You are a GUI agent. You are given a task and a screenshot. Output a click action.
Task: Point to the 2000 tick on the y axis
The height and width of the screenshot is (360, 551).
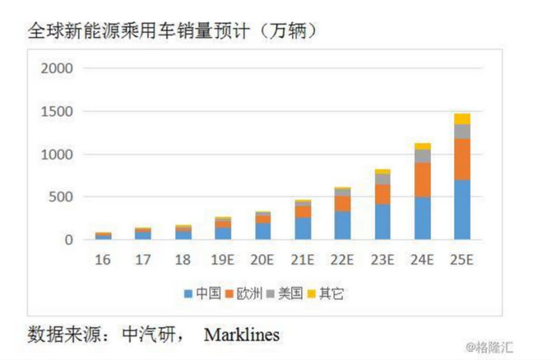coord(56,68)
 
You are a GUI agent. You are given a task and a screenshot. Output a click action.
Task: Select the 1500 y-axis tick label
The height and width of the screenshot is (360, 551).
coord(56,112)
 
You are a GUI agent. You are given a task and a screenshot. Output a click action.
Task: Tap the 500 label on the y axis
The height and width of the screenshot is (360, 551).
coord(61,198)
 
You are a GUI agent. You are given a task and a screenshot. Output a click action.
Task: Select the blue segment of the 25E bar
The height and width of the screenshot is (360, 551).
coord(462,210)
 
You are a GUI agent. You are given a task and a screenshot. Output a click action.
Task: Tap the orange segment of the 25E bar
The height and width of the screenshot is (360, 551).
coord(462,159)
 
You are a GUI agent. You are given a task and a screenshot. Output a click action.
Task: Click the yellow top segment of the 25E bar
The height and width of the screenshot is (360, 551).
coord(462,118)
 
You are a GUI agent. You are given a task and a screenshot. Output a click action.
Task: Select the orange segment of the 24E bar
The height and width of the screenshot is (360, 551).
coord(422,180)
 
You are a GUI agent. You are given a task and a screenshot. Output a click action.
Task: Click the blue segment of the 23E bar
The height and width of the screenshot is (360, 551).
coord(382,222)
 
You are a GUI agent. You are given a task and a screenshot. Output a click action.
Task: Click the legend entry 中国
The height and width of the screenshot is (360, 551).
coord(201,294)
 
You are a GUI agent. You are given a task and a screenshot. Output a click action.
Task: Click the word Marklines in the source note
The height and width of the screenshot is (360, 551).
coord(242,335)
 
